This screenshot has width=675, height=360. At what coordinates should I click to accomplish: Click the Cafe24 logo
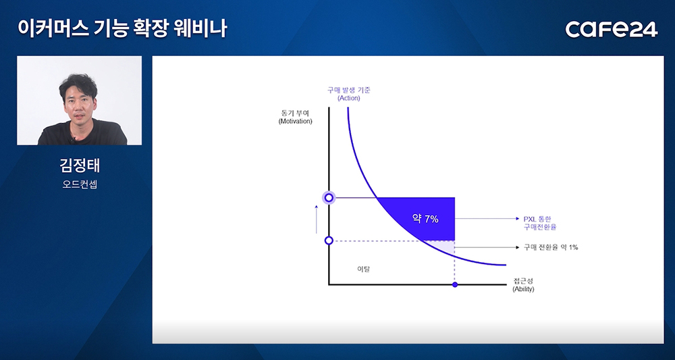(x=612, y=29)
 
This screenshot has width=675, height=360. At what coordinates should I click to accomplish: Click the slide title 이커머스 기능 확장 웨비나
(x=122, y=28)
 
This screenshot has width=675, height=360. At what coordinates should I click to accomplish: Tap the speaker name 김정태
(x=80, y=165)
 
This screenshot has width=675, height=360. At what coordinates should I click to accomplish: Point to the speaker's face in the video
(x=78, y=103)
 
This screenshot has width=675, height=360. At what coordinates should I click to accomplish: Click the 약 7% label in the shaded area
(x=425, y=219)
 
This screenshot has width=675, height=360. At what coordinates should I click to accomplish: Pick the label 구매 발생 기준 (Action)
(x=349, y=94)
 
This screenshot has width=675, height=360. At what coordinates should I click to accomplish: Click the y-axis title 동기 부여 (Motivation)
(x=296, y=117)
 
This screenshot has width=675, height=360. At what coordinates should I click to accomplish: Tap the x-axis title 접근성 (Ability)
(x=523, y=285)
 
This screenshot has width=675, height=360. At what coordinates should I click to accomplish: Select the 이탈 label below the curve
(x=364, y=269)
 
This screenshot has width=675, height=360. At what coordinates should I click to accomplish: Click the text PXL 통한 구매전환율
(x=540, y=223)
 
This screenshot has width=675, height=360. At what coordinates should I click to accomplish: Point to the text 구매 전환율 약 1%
(x=551, y=248)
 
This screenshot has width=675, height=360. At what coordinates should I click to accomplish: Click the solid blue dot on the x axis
(x=455, y=284)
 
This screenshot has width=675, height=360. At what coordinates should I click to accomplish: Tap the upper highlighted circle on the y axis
(x=329, y=198)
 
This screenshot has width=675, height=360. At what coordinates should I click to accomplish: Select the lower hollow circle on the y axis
(x=329, y=240)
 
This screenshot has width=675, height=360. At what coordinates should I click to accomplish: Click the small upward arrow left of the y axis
(x=317, y=220)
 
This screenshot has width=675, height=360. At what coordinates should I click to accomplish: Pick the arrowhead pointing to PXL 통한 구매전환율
(x=518, y=219)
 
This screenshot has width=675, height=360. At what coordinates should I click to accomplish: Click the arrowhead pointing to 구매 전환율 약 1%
(x=518, y=248)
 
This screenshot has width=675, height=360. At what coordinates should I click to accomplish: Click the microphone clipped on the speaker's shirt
(x=74, y=139)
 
